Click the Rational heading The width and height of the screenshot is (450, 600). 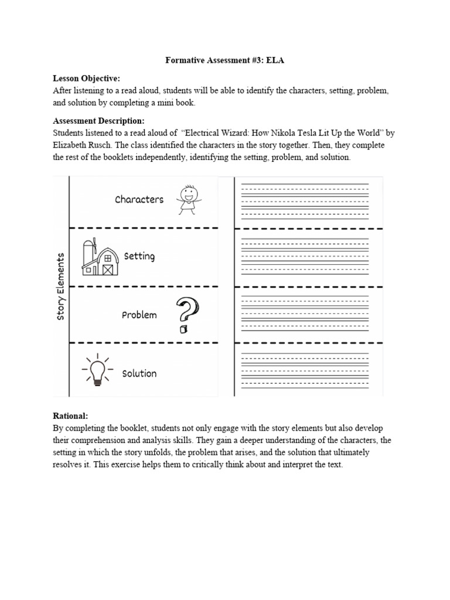click(x=71, y=415)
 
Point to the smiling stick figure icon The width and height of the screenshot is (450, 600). click(x=187, y=199)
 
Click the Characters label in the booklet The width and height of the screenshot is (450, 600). click(x=139, y=199)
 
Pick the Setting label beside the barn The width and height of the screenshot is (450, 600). click(x=139, y=257)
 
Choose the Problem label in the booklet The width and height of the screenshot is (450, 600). click(x=139, y=315)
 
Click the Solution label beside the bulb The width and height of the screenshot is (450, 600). click(x=139, y=373)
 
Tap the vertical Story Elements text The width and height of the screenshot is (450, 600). click(x=60, y=287)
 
